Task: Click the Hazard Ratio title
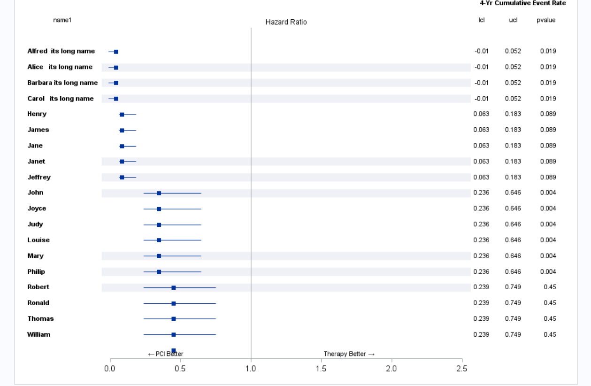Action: coord(286,22)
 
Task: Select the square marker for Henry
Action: coord(122,114)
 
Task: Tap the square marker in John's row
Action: coord(159,193)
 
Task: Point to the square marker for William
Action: coord(174,335)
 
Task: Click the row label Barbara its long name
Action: coord(62,83)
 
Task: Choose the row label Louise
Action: coord(38,240)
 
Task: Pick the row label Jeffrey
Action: coord(39,177)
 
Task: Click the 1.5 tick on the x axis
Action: coord(321,369)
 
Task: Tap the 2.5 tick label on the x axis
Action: coord(461,369)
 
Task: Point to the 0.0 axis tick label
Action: coord(110,369)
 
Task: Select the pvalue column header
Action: coord(546,20)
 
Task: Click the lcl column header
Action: coord(481,20)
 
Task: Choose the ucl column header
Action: coord(513,20)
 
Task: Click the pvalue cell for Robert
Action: coord(550,287)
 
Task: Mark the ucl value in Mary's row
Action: coord(513,256)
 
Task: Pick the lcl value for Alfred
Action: coord(482,51)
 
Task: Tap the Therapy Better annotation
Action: coord(349,354)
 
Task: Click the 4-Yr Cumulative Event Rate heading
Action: coord(522,3)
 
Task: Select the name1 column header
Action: coord(62,20)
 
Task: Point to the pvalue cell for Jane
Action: coord(548,146)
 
